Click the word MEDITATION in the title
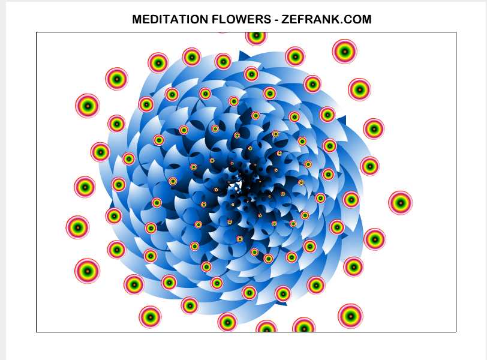pos(170,19)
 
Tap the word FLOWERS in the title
pos(241,19)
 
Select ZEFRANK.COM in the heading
pos(326,19)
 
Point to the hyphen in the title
pos(276,20)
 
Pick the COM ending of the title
pos(357,19)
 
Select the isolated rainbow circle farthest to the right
pos(401,203)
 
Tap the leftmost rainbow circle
pos(77,227)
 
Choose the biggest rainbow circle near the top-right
pos(344,51)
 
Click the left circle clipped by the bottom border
pos(266,326)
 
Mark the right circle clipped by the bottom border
pos(303,325)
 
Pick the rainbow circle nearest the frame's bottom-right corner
pos(350,316)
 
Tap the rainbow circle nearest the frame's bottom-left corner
pos(150,317)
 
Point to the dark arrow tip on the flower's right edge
pos(342,121)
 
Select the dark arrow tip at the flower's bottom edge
pos(282,302)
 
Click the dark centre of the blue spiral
pos(245,187)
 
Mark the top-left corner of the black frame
pos(37,32)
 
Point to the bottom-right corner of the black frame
pos(456,332)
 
